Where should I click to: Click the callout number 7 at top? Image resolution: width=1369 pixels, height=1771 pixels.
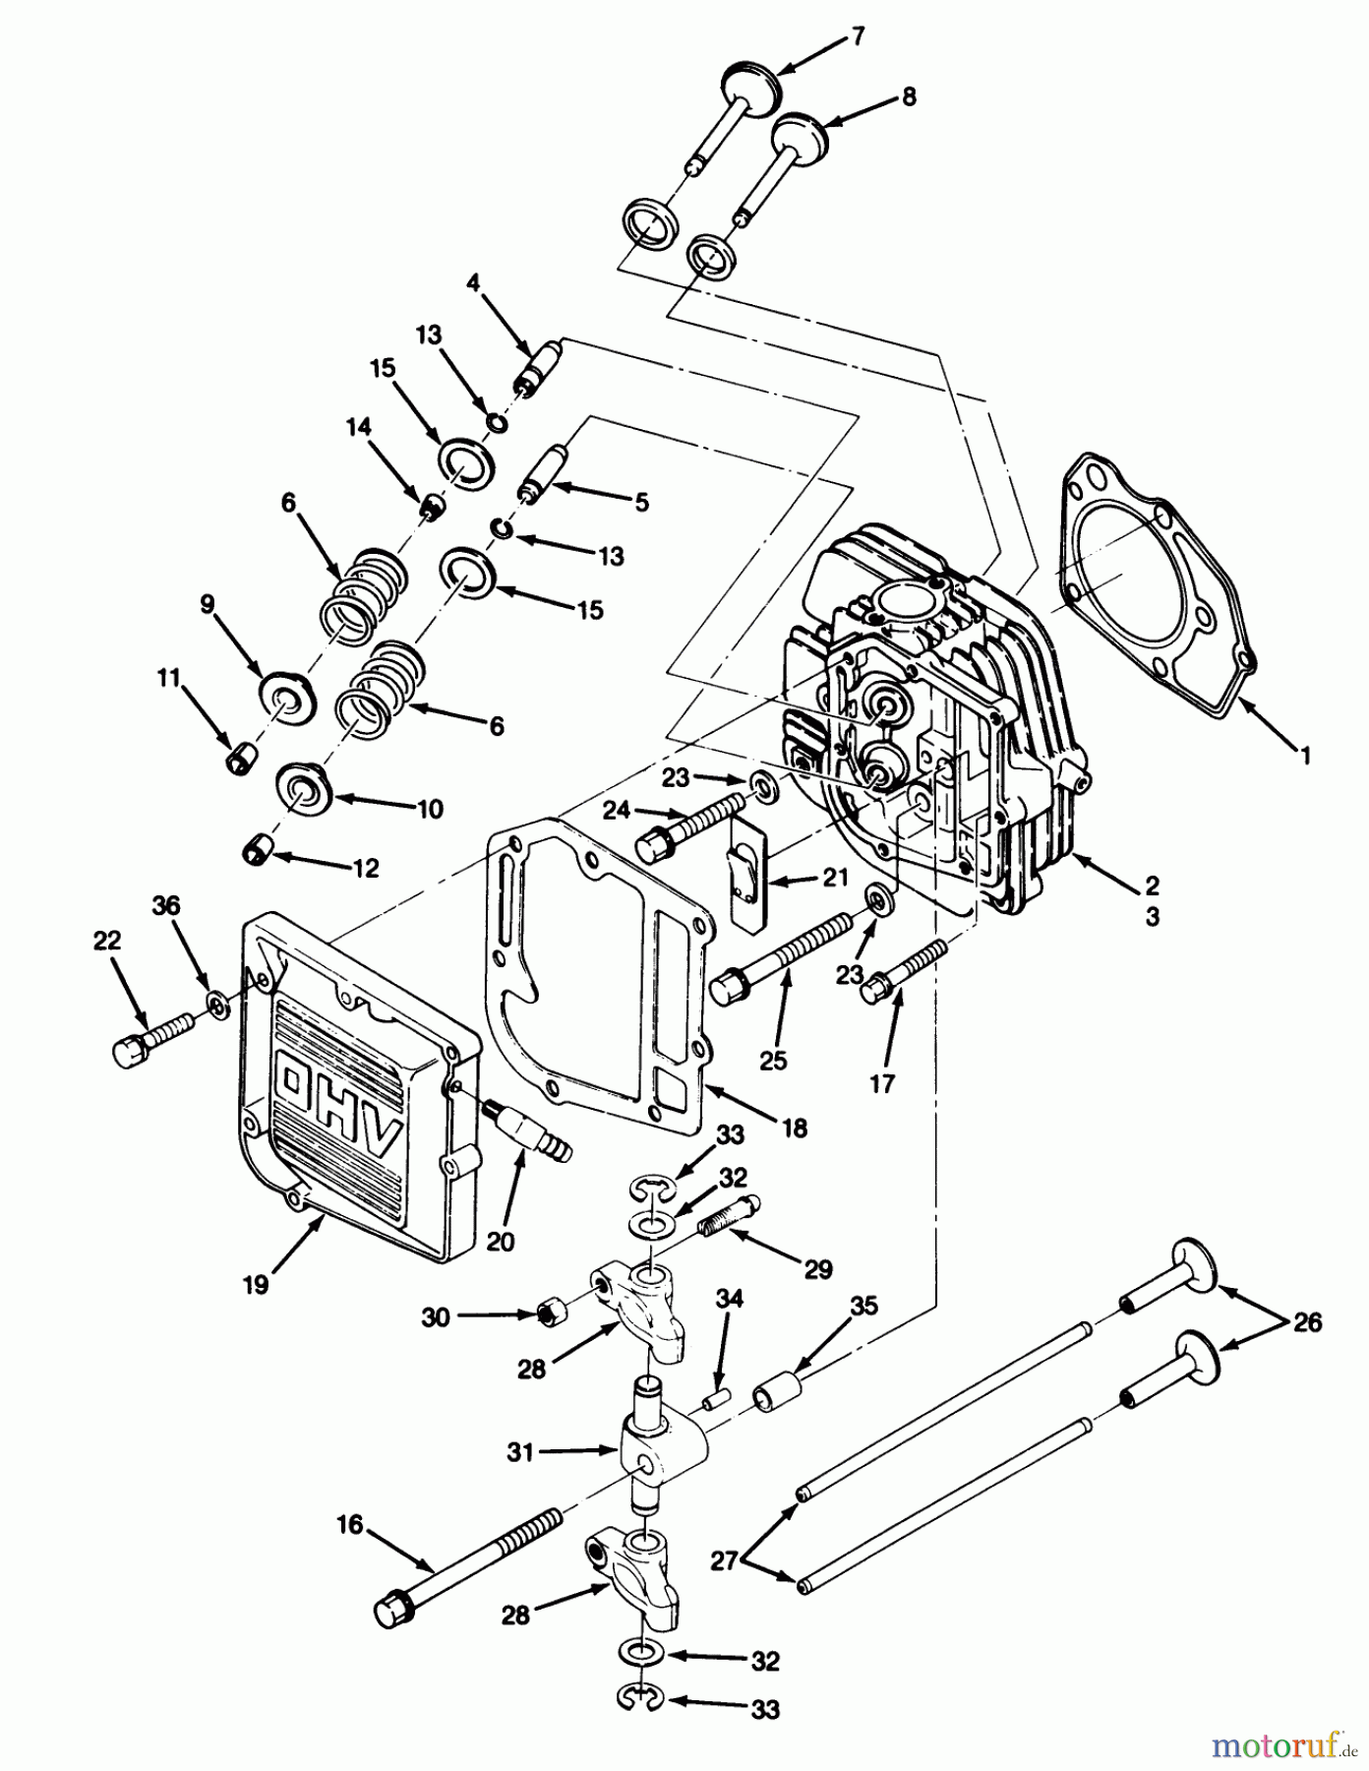point(858,36)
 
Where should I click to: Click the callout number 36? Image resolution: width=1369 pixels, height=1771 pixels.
point(166,905)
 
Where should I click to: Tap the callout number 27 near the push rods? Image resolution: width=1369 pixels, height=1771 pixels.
point(724,1560)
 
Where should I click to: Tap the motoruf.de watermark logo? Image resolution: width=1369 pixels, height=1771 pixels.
point(1278,1744)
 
